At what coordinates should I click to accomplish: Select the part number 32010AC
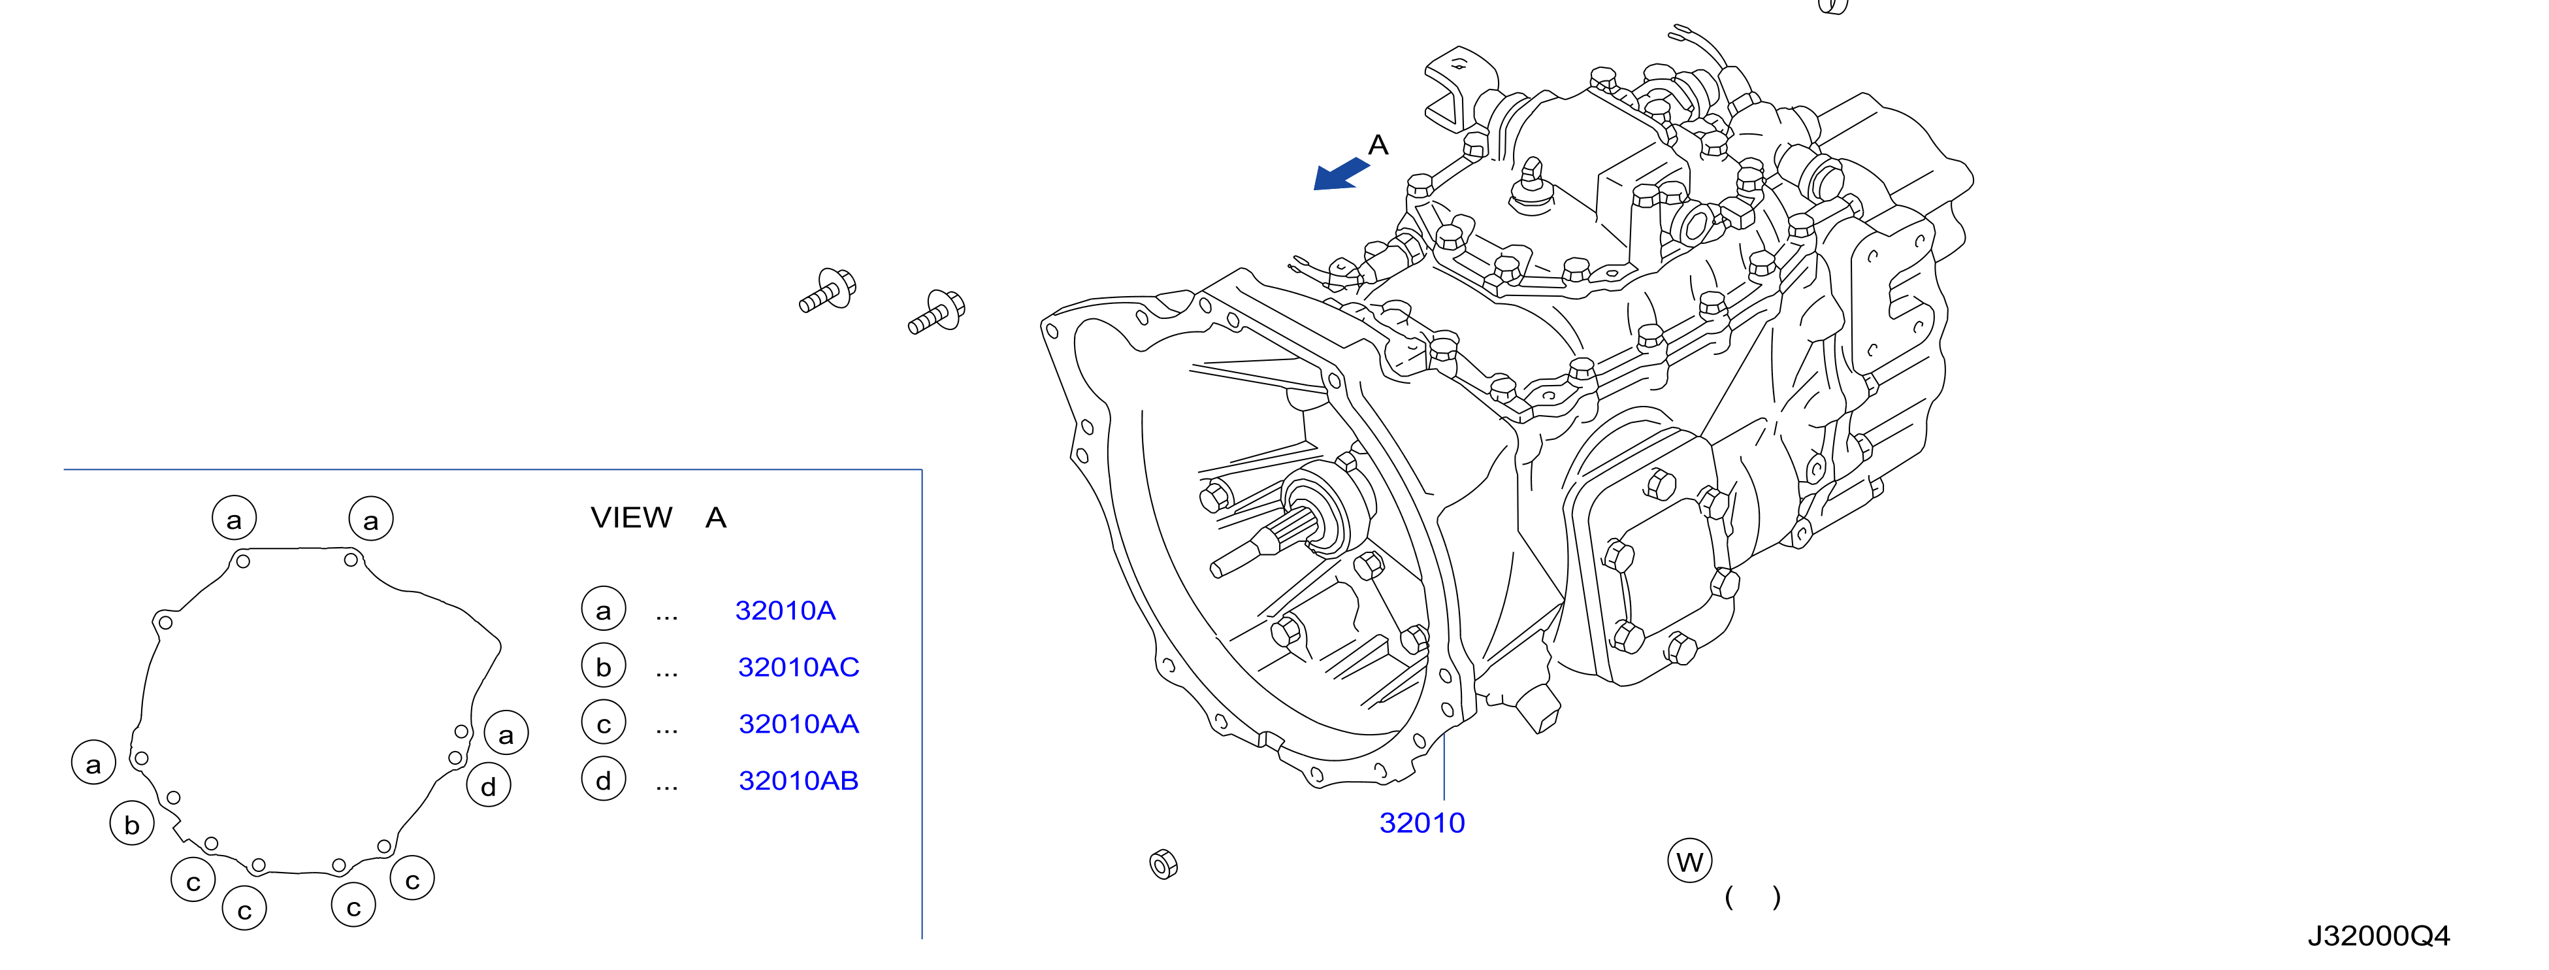[x=798, y=667]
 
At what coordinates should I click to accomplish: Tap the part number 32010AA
[x=798, y=724]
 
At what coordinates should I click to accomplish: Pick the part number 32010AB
[x=798, y=781]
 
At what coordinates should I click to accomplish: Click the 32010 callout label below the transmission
[x=1422, y=822]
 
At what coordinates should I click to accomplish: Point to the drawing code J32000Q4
[x=2379, y=935]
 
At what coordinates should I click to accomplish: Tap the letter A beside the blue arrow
[x=1378, y=146]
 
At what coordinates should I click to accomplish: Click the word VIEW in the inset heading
[x=631, y=518]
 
